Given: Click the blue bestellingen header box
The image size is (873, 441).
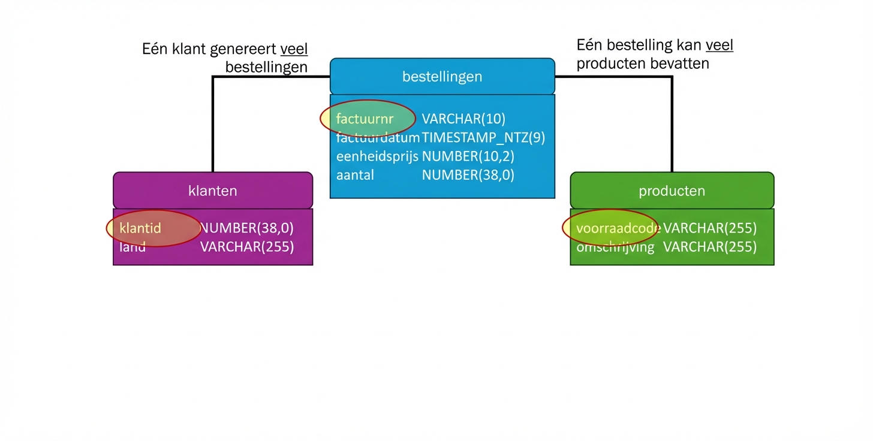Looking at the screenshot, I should pos(442,77).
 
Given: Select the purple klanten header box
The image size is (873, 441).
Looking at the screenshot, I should pos(212,191).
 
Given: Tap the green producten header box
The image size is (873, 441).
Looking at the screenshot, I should pos(672,191).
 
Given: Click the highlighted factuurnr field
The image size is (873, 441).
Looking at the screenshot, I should pos(365,119).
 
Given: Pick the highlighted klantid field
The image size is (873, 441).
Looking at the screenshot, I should pos(141,228).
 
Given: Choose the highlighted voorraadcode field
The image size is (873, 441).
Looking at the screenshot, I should pos(618,228).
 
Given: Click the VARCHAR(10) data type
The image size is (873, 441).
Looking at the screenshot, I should pos(463,119).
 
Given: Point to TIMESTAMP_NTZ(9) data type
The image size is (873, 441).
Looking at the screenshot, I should pos(483,138).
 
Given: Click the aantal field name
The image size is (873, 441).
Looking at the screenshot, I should pos(355,175).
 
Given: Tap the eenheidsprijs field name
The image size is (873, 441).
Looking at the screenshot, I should pos(377,156).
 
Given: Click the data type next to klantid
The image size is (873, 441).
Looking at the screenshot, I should pos(246,228).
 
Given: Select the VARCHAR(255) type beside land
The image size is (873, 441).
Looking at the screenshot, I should pos(246,247).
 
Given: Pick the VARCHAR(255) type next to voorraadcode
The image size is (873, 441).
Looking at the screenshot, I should pos(709,228).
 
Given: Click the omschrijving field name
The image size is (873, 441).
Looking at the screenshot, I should pos(615,247).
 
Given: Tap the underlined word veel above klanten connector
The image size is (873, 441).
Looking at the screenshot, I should pos(294,49).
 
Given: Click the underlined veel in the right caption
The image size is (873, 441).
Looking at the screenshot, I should pos(719,45).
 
